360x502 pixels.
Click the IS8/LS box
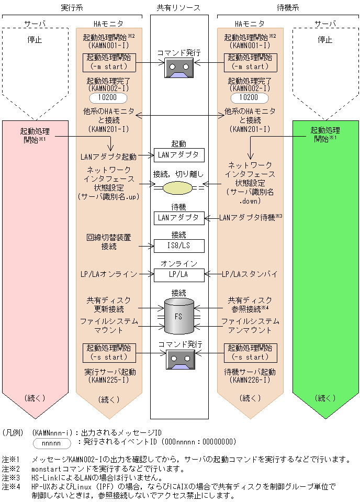pos(178,246)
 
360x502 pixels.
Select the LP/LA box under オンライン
pos(178,274)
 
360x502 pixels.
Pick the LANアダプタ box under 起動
pos(178,155)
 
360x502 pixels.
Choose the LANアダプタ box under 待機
pos(178,218)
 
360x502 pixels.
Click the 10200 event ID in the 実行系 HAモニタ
pos(109,98)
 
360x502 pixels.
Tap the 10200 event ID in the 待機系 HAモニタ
pos(250,98)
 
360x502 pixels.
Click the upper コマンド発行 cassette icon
pos(179,68)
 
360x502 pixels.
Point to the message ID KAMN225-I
pos(109,381)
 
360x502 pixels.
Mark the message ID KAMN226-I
pos(250,381)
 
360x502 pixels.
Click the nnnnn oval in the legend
pos(52,443)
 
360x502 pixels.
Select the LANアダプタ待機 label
pos(249,218)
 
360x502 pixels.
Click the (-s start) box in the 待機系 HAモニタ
pos(250,353)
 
